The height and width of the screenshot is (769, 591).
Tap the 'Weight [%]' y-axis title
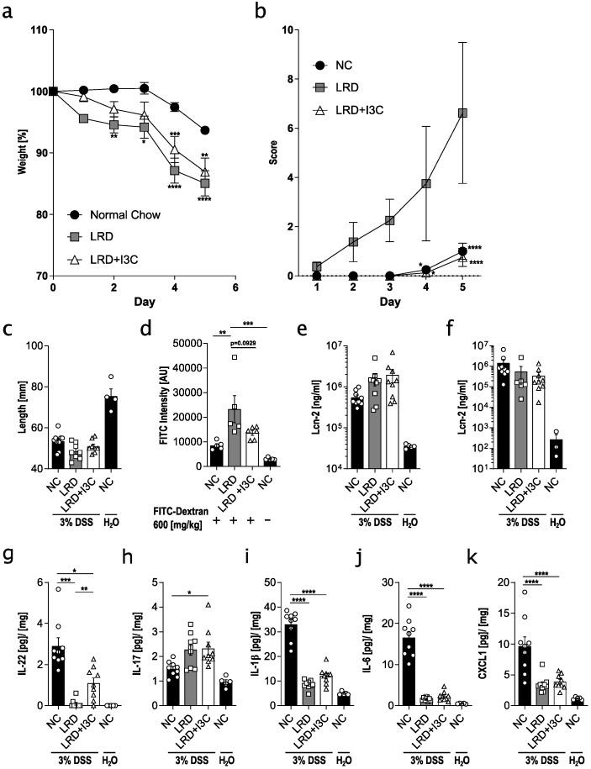(12, 152)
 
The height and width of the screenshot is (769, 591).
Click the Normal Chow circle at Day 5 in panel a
(205, 130)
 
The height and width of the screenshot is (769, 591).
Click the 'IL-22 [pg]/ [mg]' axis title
(12, 643)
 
